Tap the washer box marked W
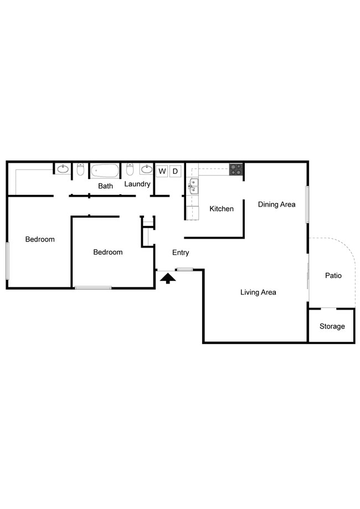(162, 171)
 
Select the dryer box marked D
(175, 171)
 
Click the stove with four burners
(236, 169)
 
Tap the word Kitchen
(222, 209)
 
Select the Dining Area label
(276, 204)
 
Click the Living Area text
(258, 292)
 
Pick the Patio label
(333, 275)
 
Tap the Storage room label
(332, 326)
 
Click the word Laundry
(137, 184)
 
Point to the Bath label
(106, 186)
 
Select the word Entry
(181, 253)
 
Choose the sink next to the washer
(147, 169)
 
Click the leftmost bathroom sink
(63, 169)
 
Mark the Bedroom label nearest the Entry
(107, 252)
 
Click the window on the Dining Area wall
(307, 204)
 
